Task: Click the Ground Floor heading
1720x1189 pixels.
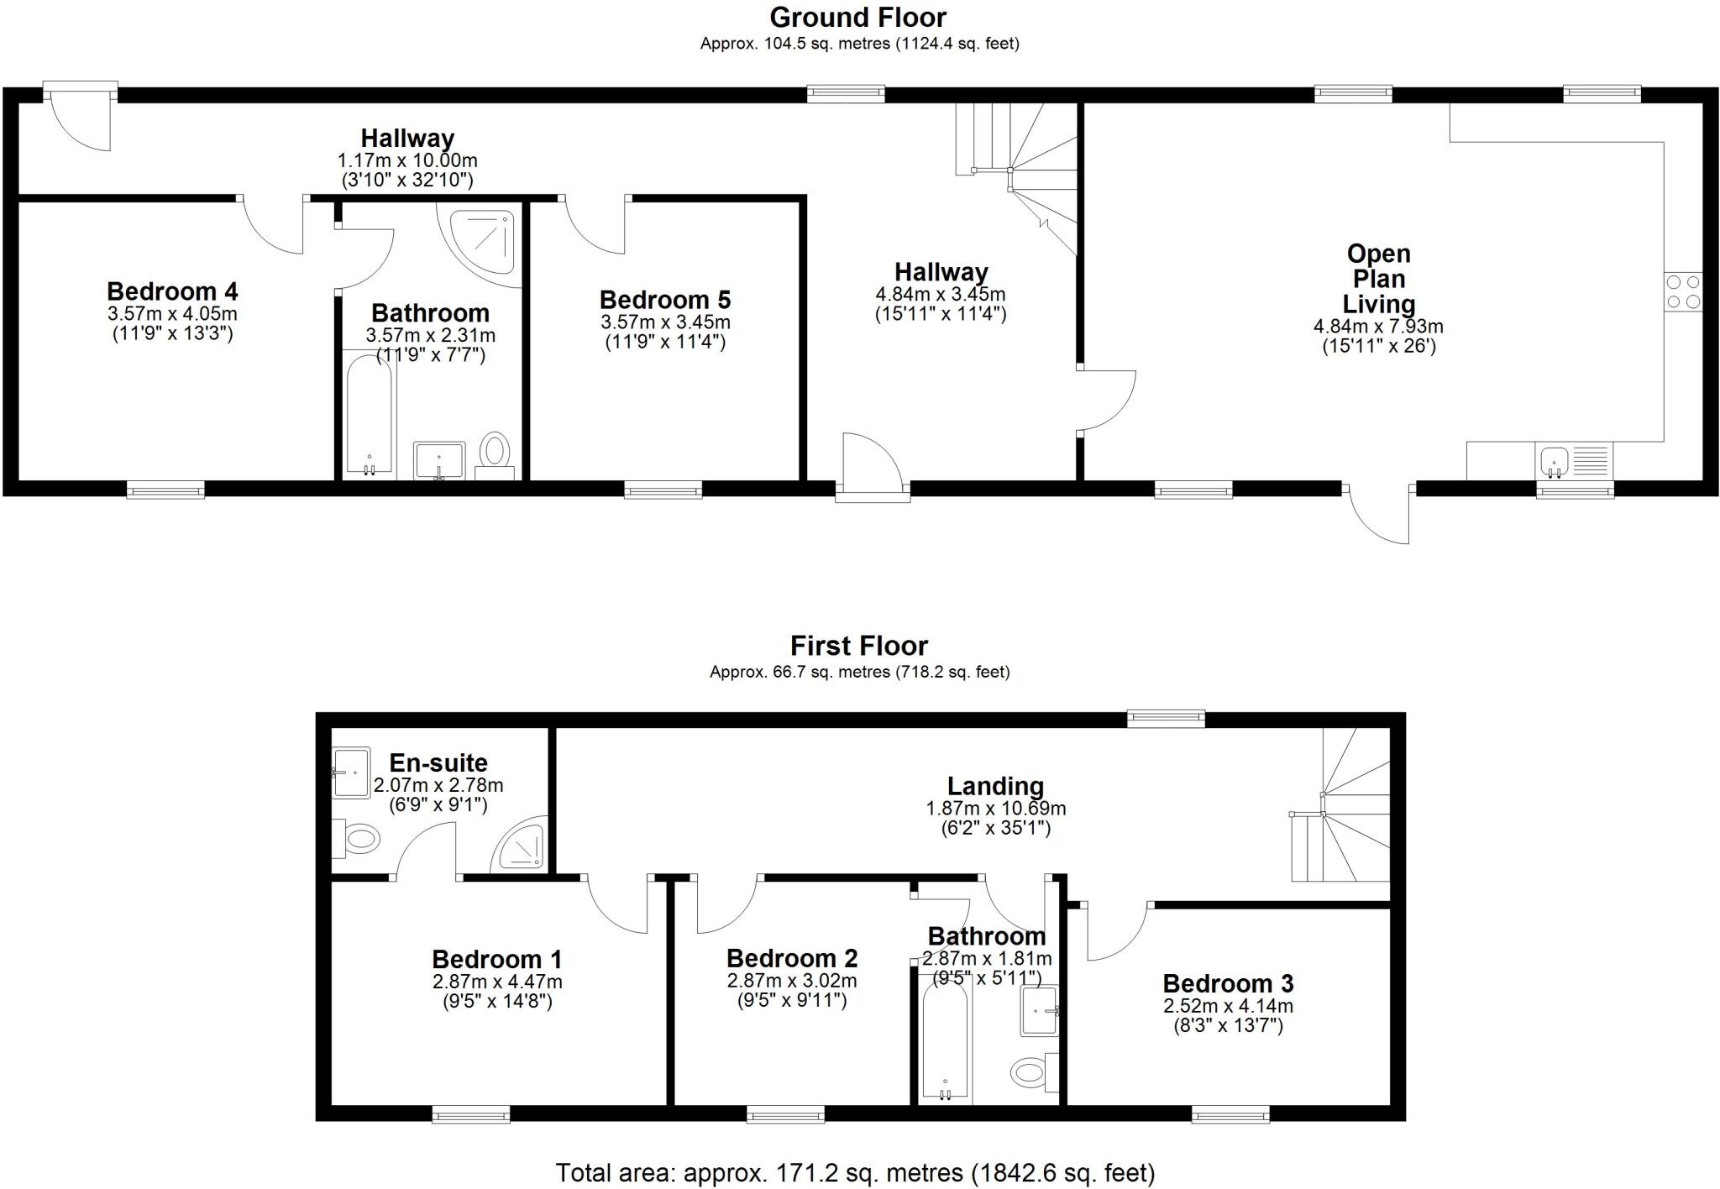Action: click(x=857, y=18)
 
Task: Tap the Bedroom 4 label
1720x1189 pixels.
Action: click(x=172, y=291)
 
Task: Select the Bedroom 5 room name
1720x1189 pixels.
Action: click(x=664, y=300)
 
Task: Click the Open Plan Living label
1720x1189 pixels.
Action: click(x=1378, y=279)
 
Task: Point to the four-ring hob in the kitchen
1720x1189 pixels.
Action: click(x=1683, y=291)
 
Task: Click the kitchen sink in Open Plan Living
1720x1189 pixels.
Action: click(x=1555, y=461)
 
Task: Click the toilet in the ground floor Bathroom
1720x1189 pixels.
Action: click(x=494, y=451)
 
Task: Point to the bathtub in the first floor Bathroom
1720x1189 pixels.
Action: click(x=945, y=1041)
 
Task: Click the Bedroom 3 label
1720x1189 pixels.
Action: click(x=1228, y=983)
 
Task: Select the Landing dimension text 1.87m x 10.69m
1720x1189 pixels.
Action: click(x=995, y=809)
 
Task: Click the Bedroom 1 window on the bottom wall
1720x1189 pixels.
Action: click(x=471, y=1114)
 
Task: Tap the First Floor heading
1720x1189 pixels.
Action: click(x=858, y=646)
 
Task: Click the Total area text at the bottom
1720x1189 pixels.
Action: click(x=855, y=1172)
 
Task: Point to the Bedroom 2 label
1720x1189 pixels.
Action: click(x=792, y=958)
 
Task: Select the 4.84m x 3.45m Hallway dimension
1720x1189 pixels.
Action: click(x=940, y=295)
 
